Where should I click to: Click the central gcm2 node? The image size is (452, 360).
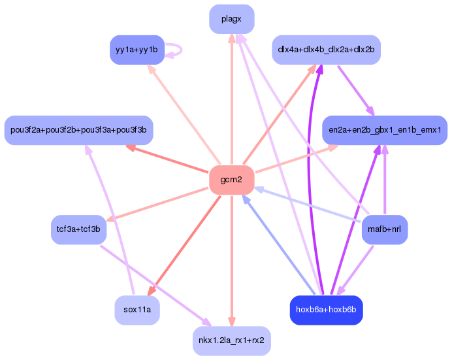[x=231, y=180]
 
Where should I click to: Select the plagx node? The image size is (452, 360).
[x=231, y=19]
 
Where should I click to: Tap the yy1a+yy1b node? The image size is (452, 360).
[x=137, y=50]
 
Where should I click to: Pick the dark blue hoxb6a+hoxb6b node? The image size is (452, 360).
[x=325, y=310]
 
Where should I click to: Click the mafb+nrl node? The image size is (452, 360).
[x=384, y=229]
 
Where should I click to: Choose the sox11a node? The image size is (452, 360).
[x=137, y=310]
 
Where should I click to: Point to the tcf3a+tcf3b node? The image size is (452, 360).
[x=78, y=229]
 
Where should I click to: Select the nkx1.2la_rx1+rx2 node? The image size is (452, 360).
[x=231, y=340]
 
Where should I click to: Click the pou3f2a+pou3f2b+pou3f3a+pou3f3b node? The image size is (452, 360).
[x=78, y=130]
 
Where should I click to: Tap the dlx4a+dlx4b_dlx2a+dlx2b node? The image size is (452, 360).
[x=325, y=50]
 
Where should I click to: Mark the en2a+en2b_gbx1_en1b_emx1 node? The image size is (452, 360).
[x=384, y=130]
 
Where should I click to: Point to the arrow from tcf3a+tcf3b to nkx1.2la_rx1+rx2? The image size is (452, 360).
[x=153, y=285]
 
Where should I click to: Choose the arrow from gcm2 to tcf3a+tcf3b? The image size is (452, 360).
[x=157, y=204]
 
